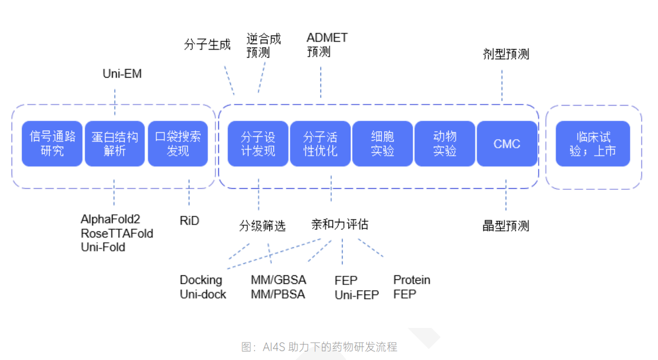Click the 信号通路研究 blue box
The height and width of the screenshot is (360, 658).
tap(52, 144)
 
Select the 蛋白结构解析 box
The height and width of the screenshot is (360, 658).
tap(115, 144)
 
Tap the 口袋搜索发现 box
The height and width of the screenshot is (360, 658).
tap(178, 144)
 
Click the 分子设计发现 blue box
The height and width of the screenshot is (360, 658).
tap(258, 144)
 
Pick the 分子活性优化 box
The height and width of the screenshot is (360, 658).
tap(320, 144)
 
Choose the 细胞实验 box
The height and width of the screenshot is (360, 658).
tap(382, 144)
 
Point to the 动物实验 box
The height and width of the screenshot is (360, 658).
tap(445, 144)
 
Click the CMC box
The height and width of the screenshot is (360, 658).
tap(507, 144)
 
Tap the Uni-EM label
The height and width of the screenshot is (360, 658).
tap(122, 74)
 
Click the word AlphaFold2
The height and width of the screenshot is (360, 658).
tap(111, 220)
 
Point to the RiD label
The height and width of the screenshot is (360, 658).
tap(189, 221)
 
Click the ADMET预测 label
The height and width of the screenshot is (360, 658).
tap(326, 45)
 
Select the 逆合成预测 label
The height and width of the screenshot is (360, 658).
tap(263, 45)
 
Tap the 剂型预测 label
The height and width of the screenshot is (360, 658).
tap(506, 54)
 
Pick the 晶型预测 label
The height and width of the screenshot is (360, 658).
tap(506, 226)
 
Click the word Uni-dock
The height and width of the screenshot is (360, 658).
tap(203, 295)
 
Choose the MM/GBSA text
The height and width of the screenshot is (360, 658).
tap(278, 280)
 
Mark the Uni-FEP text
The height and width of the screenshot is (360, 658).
tap(356, 295)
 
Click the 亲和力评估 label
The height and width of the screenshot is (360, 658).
tap(340, 225)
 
